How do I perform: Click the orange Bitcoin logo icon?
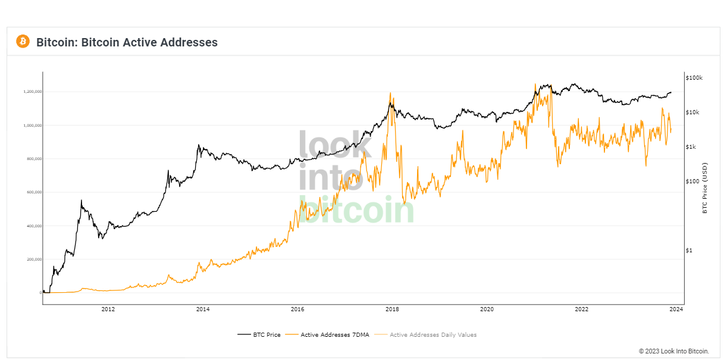click(23, 41)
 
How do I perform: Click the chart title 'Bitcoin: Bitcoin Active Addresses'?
click(127, 42)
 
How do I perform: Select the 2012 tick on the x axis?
click(108, 309)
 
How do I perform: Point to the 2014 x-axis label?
click(203, 309)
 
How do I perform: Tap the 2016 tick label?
click(297, 309)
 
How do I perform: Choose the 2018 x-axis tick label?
click(392, 309)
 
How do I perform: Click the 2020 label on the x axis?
click(487, 309)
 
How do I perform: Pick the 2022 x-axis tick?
click(581, 309)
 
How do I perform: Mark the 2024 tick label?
click(676, 309)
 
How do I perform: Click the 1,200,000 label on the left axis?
click(32, 92)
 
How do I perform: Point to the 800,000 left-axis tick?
click(33, 159)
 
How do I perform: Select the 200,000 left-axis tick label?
click(33, 259)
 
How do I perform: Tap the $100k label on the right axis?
click(694, 78)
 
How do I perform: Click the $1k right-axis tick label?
click(691, 147)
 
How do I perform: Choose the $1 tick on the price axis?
click(689, 251)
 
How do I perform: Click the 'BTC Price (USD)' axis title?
click(705, 187)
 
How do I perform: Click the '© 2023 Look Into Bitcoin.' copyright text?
click(674, 351)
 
